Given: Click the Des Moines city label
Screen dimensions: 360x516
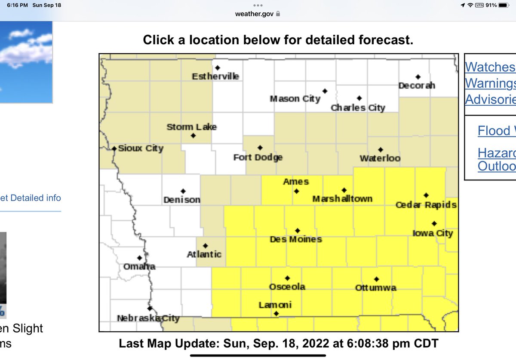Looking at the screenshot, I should tap(295, 239).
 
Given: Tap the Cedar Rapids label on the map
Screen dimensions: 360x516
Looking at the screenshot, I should tap(426, 205).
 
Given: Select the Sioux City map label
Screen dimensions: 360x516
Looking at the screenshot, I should tap(141, 149).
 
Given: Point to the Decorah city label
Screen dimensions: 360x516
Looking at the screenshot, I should tap(417, 85).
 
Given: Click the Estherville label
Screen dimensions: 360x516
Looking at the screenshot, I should tap(215, 76).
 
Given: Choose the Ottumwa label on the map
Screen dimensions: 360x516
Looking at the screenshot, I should tap(375, 288).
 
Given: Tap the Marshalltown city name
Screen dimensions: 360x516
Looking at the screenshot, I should tap(342, 199).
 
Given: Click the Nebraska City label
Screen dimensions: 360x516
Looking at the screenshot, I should tap(148, 318).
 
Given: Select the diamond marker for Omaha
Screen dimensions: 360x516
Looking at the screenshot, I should tap(139, 258).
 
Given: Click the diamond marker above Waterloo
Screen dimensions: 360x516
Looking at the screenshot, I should tap(381, 150).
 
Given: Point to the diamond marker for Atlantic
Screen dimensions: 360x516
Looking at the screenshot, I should tap(205, 246).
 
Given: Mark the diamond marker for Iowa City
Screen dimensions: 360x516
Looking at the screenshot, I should tap(434, 223).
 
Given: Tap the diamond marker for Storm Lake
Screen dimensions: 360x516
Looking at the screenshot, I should tap(193, 136).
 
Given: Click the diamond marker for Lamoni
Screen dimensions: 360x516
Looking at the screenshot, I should tap(276, 314).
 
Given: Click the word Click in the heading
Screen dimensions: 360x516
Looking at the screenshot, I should tap(159, 40).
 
